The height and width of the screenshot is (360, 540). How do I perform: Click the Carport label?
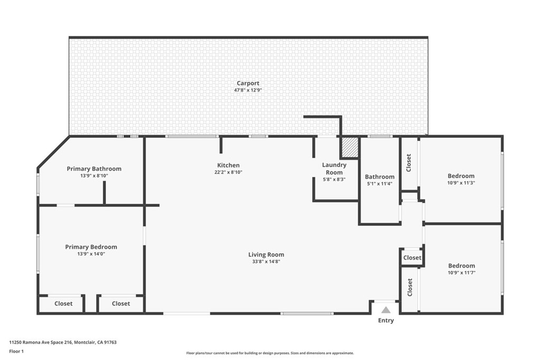point(248,83)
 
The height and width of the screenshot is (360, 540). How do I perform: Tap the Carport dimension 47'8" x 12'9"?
point(248,90)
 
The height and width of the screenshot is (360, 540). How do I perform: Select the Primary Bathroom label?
point(94,169)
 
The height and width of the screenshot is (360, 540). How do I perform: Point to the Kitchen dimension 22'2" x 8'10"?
point(228,172)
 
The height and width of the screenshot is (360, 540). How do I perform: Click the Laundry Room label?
point(334,169)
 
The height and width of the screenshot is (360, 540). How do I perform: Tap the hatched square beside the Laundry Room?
point(349,147)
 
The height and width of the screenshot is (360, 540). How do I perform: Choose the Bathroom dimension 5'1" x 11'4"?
point(380,184)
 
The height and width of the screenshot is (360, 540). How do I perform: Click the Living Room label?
point(266,255)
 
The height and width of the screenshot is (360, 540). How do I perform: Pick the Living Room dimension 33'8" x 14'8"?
point(266,261)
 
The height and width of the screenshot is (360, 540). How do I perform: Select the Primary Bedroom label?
point(91,247)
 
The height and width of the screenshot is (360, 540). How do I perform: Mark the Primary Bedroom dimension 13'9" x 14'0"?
point(91,254)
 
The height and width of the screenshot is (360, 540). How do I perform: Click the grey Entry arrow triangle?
point(386,310)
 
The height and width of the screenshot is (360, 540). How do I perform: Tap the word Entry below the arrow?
point(386,320)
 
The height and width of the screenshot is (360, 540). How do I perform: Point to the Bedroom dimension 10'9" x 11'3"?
point(461,183)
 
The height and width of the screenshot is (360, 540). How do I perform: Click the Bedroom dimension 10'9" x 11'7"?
point(461,273)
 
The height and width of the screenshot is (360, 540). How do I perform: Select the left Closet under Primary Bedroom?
point(64,304)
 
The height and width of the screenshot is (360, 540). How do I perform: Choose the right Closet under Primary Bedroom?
point(121,304)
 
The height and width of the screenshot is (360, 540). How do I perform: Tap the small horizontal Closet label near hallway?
point(412,258)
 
